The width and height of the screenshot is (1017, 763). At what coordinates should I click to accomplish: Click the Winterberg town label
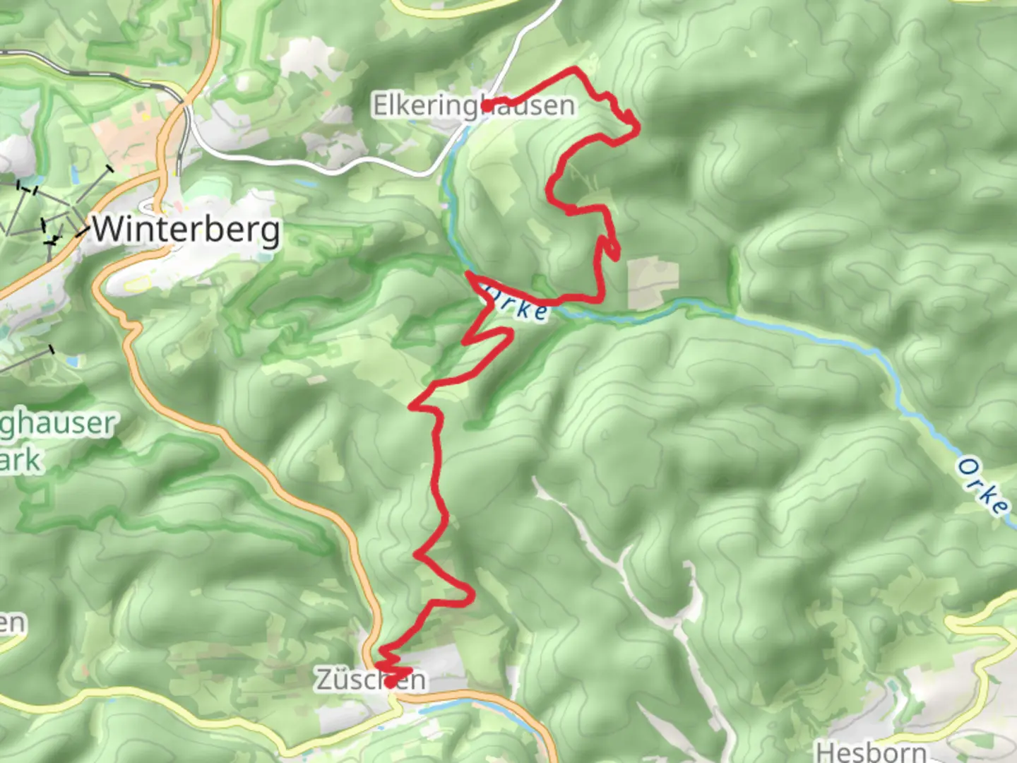click(185, 230)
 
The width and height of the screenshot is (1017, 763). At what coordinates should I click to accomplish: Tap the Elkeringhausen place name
click(473, 105)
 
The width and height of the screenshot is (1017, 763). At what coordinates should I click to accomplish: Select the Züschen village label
click(370, 680)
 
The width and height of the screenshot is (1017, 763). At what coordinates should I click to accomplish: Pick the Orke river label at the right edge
click(982, 487)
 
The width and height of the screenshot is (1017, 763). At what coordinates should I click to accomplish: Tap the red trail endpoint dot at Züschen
click(390, 683)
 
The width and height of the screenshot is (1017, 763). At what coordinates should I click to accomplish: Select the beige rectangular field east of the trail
click(653, 283)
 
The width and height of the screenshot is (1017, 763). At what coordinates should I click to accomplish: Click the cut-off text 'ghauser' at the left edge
click(56, 424)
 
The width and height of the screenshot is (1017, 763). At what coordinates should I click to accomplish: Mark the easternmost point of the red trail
click(638, 129)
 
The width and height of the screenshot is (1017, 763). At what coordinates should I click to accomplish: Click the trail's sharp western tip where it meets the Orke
click(468, 273)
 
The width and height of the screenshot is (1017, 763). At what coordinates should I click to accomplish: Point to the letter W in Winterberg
click(107, 230)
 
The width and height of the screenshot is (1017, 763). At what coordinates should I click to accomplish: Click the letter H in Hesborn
click(826, 750)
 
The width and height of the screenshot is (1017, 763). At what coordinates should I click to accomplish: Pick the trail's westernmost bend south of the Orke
click(412, 407)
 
